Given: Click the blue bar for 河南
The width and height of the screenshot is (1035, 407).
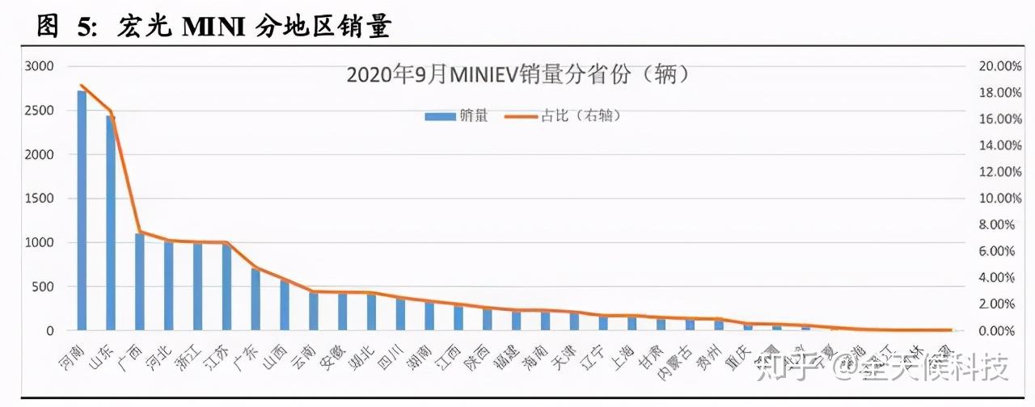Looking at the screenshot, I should [x=82, y=210].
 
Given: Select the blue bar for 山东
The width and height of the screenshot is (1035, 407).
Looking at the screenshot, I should [x=111, y=223].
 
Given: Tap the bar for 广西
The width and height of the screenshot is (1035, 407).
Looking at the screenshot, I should [x=140, y=282].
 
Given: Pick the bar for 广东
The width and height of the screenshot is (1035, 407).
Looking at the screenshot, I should [x=256, y=300].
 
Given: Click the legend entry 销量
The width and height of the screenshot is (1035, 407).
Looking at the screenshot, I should [x=457, y=116].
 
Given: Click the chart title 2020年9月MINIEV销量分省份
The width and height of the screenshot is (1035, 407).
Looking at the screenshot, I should [x=517, y=74].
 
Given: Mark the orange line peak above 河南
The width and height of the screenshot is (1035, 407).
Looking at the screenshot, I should [x=82, y=85].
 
